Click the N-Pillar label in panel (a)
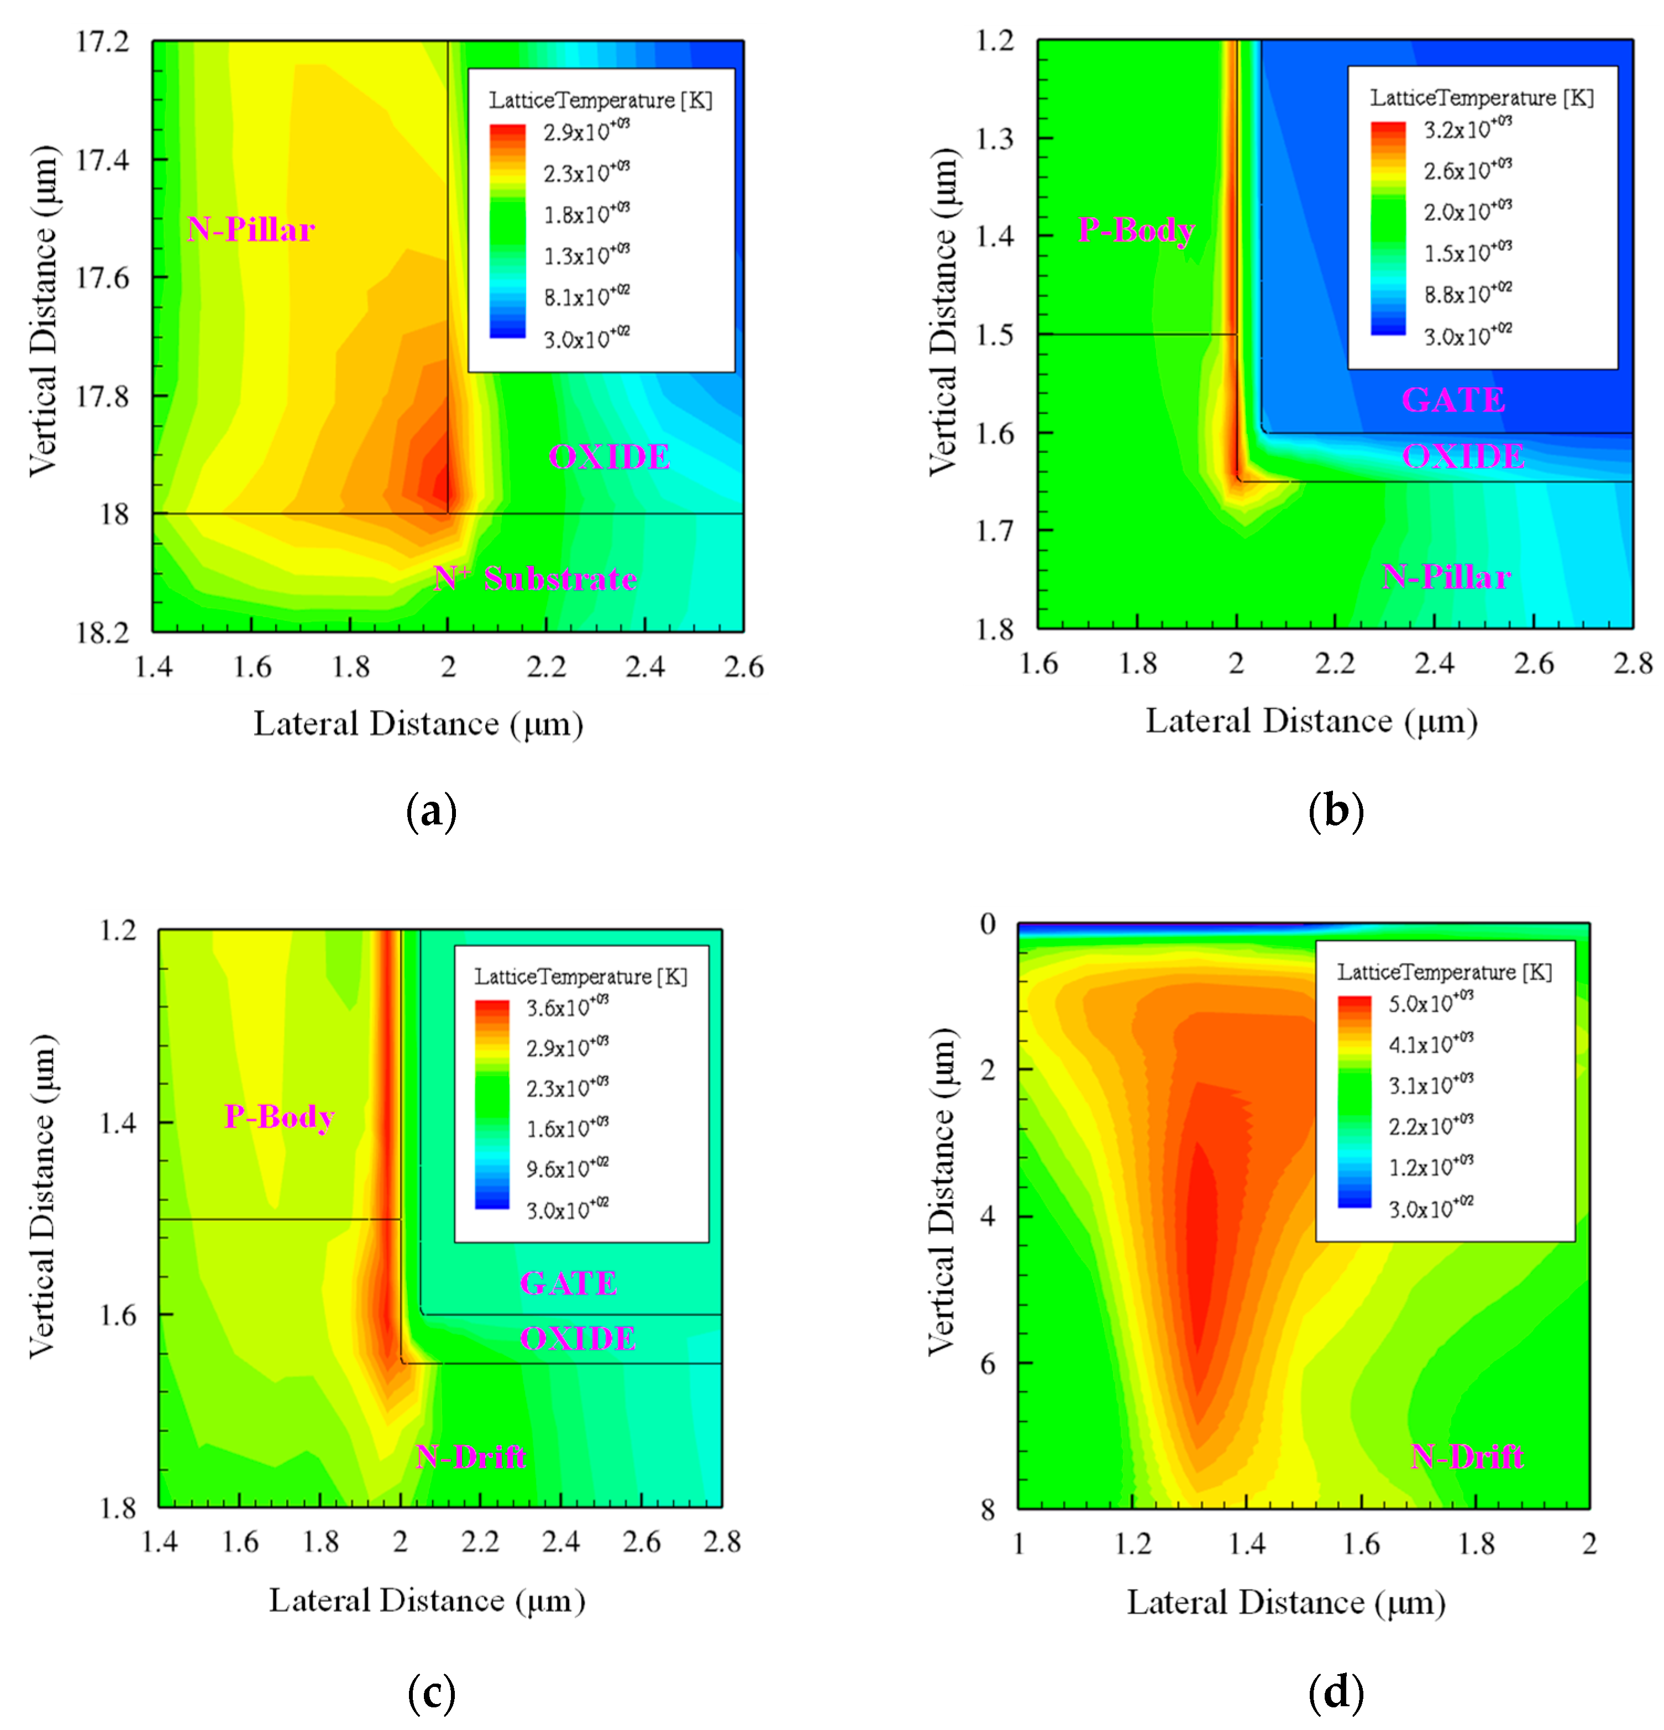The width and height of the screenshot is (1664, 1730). click(x=251, y=230)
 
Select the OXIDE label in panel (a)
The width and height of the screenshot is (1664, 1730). click(x=609, y=457)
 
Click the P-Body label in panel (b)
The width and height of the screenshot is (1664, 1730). click(x=1136, y=230)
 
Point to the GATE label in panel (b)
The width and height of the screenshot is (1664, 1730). click(x=1453, y=400)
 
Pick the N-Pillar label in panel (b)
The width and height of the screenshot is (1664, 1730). click(x=1446, y=577)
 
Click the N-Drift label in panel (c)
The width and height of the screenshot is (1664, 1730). click(x=470, y=1456)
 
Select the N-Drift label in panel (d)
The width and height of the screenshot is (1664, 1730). click(x=1466, y=1456)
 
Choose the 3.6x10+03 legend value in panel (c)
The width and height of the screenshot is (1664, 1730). click(x=566, y=1007)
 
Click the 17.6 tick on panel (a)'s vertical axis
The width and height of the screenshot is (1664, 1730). click(x=102, y=278)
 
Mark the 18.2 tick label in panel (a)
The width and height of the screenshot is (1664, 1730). click(x=102, y=633)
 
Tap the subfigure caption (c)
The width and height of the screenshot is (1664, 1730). click(x=432, y=1692)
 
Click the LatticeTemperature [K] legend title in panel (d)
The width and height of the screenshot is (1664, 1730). click(x=1444, y=972)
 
